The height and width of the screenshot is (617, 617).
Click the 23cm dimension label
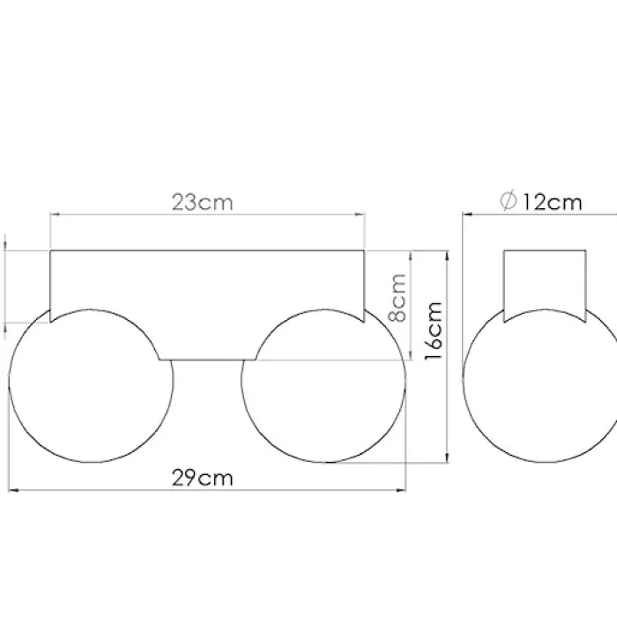[202, 202]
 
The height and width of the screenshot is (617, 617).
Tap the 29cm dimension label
[202, 478]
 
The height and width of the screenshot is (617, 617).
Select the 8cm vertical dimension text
[397, 298]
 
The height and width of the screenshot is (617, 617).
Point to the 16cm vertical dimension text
[434, 331]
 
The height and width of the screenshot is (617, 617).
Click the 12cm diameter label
[552, 202]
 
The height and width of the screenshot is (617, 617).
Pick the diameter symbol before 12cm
[508, 200]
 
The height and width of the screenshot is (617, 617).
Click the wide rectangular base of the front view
[207, 250]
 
